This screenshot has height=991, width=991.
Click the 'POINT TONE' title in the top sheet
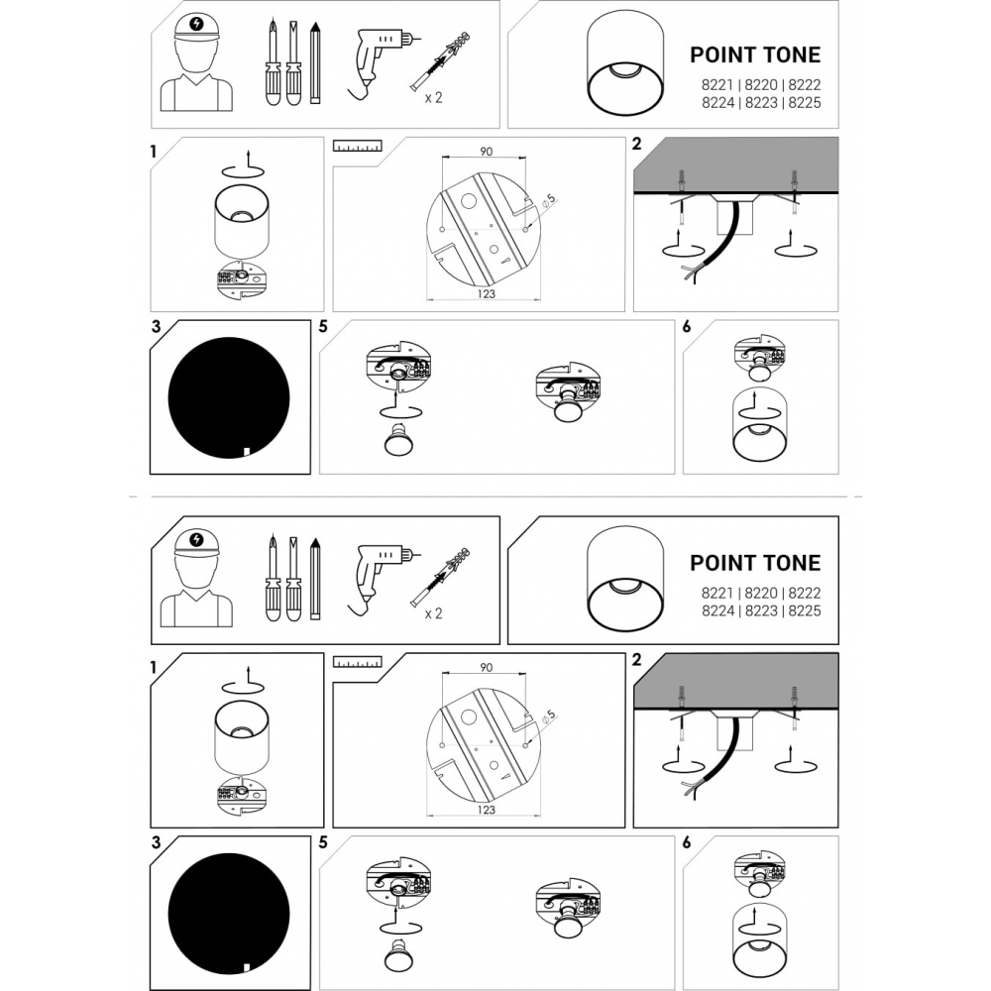point(755,55)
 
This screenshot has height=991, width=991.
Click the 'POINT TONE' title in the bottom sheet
point(755,563)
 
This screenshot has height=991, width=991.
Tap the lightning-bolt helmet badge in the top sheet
point(197,24)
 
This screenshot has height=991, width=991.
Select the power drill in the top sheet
point(380,61)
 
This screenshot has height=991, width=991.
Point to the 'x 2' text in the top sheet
point(434,98)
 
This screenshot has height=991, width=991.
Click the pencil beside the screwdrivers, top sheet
point(315,63)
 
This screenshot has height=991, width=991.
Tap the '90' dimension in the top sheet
point(486,152)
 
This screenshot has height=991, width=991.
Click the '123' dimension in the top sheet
point(486,294)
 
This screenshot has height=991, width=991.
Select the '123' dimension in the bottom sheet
point(486,810)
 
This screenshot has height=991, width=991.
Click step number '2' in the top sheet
point(637,144)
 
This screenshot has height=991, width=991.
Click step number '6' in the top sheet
point(687,327)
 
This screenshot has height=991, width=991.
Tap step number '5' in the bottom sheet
point(324,842)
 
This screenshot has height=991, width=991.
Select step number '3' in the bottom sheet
point(157,842)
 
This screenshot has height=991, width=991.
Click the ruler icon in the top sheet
point(358,146)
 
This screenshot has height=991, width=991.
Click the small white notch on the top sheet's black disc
point(247,451)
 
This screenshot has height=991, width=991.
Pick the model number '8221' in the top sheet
point(716,84)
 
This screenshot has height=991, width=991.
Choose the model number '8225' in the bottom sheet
point(805,610)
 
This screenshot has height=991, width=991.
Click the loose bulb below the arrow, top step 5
point(397,439)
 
